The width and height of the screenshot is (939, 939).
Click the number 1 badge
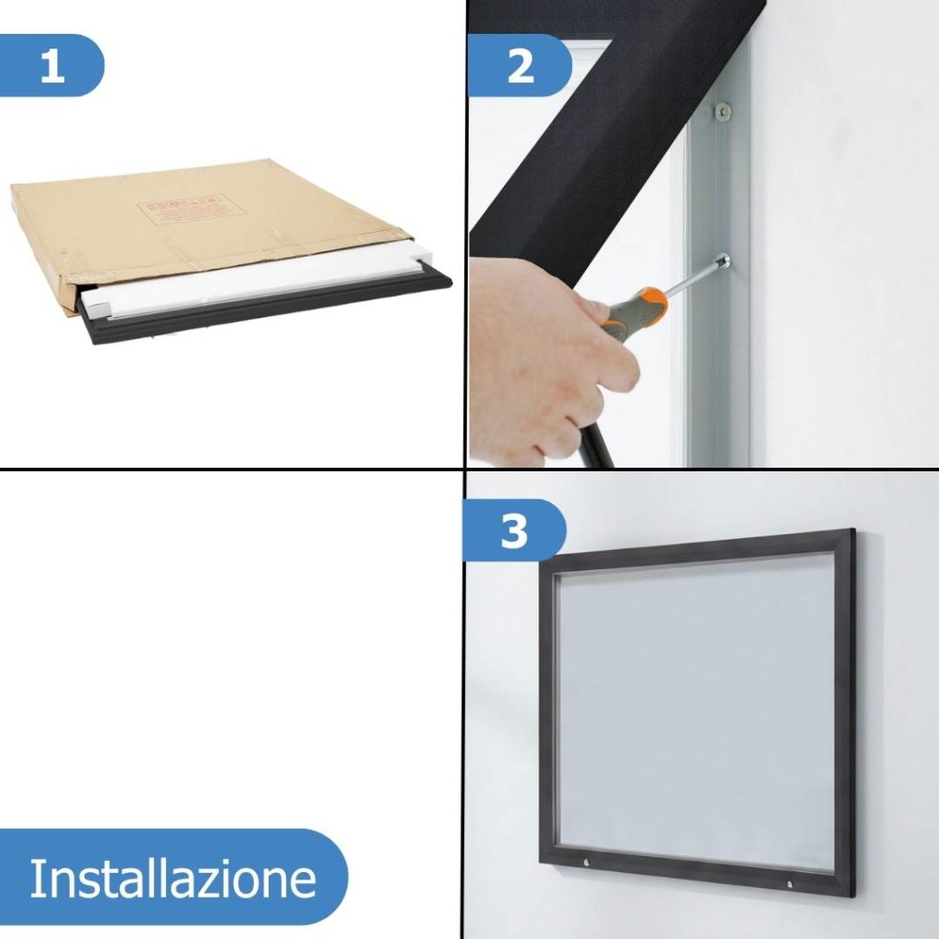[52, 66]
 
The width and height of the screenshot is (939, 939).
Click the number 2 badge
[520, 66]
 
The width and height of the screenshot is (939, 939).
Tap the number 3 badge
[514, 531]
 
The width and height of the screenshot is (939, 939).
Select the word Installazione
[172, 878]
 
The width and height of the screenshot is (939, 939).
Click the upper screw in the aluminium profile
[724, 112]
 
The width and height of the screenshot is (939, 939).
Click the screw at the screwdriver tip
[724, 262]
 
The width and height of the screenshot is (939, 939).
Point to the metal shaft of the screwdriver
[693, 277]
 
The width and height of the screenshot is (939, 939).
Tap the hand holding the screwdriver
[541, 358]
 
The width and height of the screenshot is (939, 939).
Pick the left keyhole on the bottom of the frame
[586, 862]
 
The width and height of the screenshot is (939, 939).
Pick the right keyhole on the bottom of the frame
[790, 883]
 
